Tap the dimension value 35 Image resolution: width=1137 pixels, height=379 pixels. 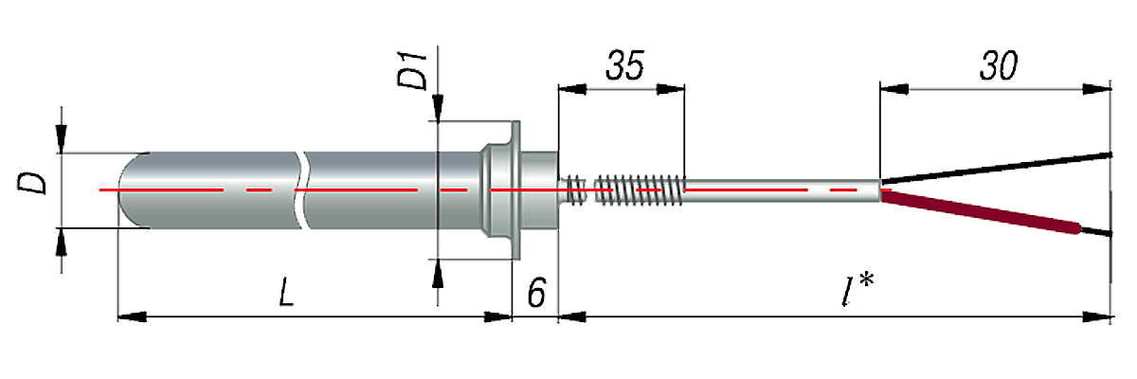click(624, 66)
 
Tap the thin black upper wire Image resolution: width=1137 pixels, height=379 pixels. click(995, 166)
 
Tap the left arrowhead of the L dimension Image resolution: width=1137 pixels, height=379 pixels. click(128, 317)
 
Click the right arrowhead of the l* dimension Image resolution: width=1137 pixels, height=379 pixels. click(1099, 317)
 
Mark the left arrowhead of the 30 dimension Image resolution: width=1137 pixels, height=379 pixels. click(893, 90)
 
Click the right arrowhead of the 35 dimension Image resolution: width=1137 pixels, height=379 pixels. click(672, 90)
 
